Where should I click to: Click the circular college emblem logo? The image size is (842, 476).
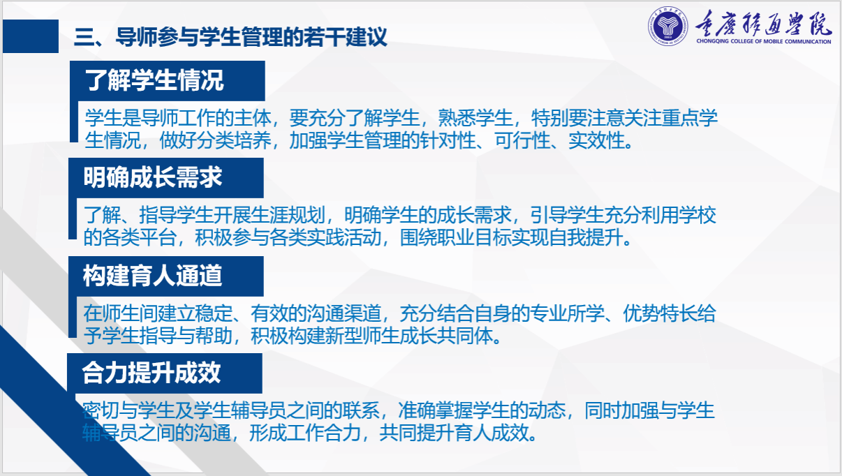click(x=668, y=26)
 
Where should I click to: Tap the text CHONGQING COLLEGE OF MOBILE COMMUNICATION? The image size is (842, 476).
click(x=763, y=41)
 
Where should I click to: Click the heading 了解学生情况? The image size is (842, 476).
click(x=154, y=80)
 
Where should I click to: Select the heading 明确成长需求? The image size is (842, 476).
click(x=153, y=177)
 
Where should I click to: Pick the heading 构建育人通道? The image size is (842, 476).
click(x=153, y=276)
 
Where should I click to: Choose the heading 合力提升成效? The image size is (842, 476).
click(x=151, y=373)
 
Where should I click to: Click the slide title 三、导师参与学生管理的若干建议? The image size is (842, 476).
click(x=230, y=37)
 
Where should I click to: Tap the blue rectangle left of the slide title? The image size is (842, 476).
click(x=31, y=36)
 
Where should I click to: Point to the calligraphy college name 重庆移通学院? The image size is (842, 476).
click(x=763, y=23)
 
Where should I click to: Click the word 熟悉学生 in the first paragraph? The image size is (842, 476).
click(x=475, y=118)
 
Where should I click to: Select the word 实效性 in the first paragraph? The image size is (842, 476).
click(x=596, y=140)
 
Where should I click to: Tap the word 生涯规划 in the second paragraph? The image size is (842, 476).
click(x=288, y=215)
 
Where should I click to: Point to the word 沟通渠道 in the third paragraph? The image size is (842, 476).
click(x=344, y=313)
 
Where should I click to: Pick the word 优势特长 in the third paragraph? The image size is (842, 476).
click(x=660, y=313)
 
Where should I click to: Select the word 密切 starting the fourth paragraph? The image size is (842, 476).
click(x=101, y=410)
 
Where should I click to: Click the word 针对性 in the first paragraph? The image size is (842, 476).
click(x=448, y=140)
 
